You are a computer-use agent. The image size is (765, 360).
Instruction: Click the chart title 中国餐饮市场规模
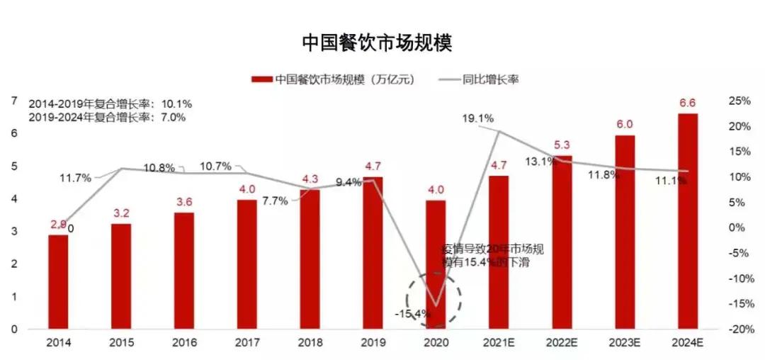pos(377,43)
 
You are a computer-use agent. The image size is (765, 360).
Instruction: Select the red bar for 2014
pos(58,281)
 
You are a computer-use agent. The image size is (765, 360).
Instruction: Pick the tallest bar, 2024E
pos(687,221)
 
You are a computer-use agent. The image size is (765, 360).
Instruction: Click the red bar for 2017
pos(246,264)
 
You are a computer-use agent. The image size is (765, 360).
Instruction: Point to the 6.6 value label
pos(687,103)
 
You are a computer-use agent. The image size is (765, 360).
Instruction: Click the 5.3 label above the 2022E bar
pos(562,146)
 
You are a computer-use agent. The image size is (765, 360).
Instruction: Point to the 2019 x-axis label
pos(373,342)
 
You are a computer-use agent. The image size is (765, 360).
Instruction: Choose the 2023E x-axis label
pos(624,342)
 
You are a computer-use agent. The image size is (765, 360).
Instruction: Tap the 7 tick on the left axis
pos(13,101)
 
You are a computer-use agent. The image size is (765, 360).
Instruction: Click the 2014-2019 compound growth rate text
pos(110,103)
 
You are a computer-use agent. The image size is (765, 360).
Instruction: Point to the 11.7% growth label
pos(76,179)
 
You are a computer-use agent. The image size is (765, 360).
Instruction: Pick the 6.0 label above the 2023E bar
pos(624,123)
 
